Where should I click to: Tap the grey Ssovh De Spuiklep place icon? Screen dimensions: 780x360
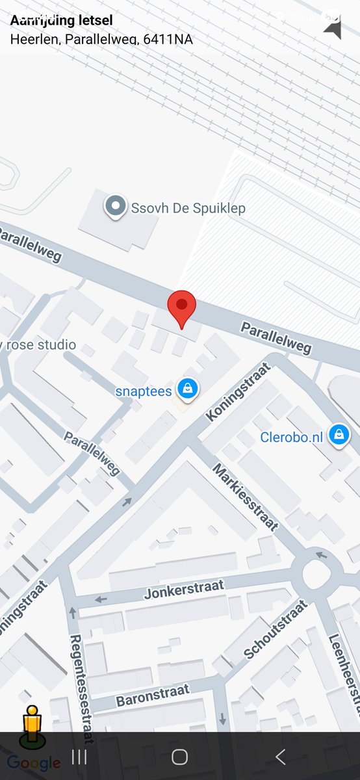(116, 207)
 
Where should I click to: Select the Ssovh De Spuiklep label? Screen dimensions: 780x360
(188, 209)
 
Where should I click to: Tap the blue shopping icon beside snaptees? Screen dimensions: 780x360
(188, 389)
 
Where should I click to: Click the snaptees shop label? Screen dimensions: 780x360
(144, 391)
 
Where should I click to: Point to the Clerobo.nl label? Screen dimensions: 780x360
(291, 437)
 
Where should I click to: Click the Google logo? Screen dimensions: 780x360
(34, 762)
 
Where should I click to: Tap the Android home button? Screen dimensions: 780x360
(180, 757)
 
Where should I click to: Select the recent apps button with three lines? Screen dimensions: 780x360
(79, 757)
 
